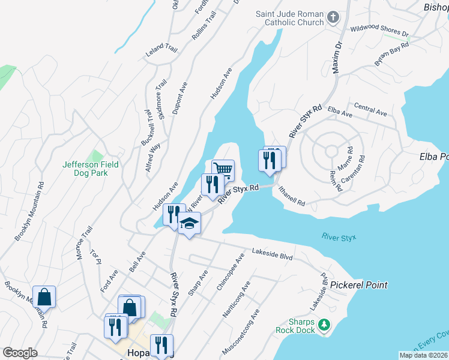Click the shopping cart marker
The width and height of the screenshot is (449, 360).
(223, 170)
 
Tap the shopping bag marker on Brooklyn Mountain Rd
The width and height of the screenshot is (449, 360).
(44, 296)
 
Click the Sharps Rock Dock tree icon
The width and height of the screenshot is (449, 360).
(324, 325)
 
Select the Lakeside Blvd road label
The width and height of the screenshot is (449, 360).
(272, 256)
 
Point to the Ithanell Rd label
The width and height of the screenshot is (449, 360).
(292, 197)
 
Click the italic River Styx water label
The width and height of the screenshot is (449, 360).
(339, 237)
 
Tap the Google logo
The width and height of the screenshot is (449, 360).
(20, 353)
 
